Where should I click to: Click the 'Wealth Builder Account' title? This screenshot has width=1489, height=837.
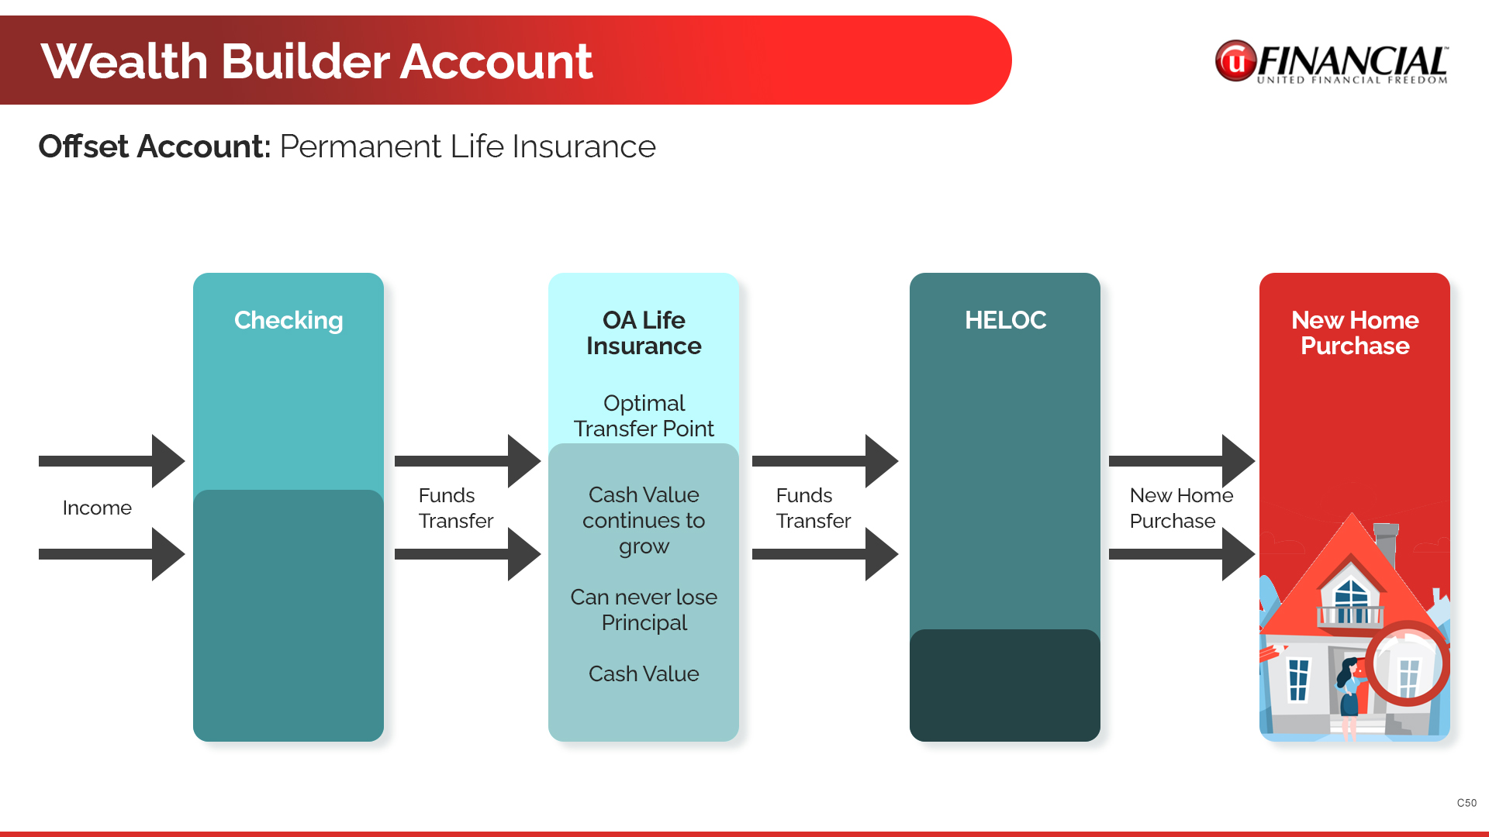(x=316, y=61)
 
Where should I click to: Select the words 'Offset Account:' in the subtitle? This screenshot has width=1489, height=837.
(x=154, y=146)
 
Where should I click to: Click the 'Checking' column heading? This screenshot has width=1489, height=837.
(x=288, y=320)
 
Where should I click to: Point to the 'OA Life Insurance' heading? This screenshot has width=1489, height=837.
(x=644, y=332)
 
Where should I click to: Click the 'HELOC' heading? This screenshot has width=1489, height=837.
(x=1005, y=320)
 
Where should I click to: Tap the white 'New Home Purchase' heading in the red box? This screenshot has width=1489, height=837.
(x=1355, y=332)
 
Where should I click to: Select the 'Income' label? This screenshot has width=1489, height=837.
(x=97, y=508)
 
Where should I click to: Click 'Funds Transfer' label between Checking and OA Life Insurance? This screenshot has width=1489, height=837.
(x=455, y=508)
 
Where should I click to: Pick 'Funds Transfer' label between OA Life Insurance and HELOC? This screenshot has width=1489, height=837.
(x=813, y=508)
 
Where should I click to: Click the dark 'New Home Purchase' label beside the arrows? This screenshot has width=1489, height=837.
(x=1180, y=508)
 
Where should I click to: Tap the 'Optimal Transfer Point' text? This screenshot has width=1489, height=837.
(x=644, y=415)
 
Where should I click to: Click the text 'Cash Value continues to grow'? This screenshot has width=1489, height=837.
(x=644, y=520)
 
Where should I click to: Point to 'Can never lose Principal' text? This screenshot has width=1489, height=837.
(x=644, y=610)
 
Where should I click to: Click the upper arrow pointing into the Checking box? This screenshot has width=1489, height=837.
(x=112, y=461)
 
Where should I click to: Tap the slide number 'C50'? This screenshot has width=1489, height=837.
(x=1467, y=803)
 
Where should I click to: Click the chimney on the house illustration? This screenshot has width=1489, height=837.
(x=1386, y=542)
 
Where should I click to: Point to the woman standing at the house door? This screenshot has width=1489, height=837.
(x=1350, y=687)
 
